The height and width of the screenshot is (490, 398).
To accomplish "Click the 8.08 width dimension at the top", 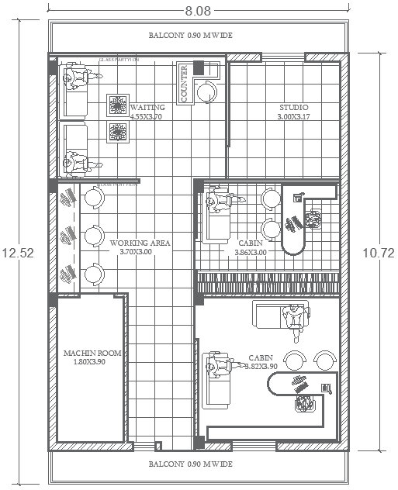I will [197, 11].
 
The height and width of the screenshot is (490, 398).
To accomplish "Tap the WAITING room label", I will [147, 107].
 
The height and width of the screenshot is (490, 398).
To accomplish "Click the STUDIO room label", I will [293, 107].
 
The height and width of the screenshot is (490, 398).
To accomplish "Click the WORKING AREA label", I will [140, 243].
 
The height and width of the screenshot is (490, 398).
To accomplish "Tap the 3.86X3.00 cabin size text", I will [251, 252].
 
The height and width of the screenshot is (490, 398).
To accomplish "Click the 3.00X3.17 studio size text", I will [293, 117].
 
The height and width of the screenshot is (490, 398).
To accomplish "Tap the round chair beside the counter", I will [207, 92].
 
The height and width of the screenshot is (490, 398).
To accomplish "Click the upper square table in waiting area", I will [118, 105].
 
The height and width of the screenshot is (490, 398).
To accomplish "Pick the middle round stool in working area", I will [94, 235].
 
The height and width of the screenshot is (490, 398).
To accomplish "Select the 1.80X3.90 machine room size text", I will [92, 362].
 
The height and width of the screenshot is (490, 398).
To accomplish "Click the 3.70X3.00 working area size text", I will [140, 252].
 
